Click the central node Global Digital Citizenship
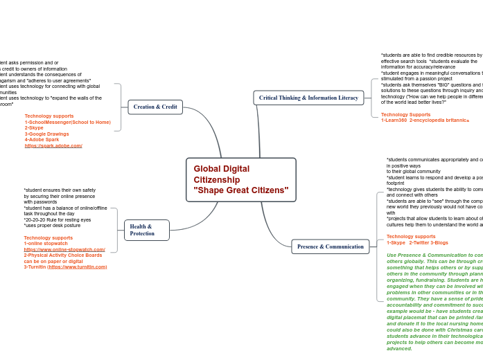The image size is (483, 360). (240, 179)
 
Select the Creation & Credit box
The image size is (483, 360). (155, 107)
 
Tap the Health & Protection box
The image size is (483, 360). (146, 230)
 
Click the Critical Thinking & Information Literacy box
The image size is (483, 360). (308, 98)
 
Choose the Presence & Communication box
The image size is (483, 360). (330, 246)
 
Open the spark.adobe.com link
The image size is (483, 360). (53, 145)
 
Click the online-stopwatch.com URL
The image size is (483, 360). (64, 249)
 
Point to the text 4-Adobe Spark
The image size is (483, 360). (42, 140)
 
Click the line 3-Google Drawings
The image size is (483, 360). (47, 134)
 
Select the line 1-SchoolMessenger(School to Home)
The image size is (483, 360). (67, 122)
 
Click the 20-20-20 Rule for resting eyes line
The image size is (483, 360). (58, 219)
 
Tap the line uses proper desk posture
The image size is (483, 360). (52, 225)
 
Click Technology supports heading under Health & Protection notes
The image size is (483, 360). (48, 237)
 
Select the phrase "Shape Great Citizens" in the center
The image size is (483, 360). (240, 190)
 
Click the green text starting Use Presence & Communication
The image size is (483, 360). (431, 255)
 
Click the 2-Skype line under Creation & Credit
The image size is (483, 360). (34, 127)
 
